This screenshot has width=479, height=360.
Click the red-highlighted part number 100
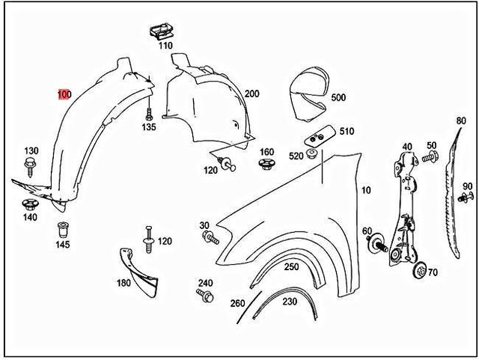pos(65,94)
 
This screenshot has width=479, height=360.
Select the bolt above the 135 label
pos(149,114)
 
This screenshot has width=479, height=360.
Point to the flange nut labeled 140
pos(30,204)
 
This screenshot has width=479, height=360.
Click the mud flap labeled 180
pos(142,267)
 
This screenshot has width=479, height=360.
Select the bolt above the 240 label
pos(205,296)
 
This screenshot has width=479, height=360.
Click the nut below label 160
pos(266,165)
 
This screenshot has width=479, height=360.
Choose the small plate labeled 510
pos(318,137)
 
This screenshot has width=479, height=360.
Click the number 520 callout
pos(296,156)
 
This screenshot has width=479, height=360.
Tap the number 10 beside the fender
pos(365,191)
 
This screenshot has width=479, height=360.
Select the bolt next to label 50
pos(429,157)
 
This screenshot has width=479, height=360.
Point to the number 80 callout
pos(460,120)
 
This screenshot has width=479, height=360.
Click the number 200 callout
pos(251,94)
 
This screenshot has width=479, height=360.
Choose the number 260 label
pos(237,302)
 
